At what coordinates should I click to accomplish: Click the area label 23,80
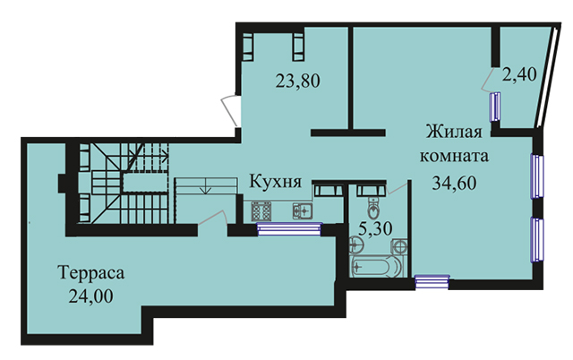pyautogui.click(x=298, y=81)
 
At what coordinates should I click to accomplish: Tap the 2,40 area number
pyautogui.click(x=519, y=74)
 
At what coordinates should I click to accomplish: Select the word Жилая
pyautogui.click(x=454, y=132)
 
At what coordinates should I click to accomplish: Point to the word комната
pyautogui.click(x=454, y=156)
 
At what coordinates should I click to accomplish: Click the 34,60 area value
pyautogui.click(x=454, y=183)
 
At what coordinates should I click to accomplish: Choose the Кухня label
pyautogui.click(x=275, y=181)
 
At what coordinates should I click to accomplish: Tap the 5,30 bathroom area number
pyautogui.click(x=375, y=229)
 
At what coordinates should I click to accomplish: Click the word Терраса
pyautogui.click(x=90, y=272)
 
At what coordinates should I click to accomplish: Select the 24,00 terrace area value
pyautogui.click(x=90, y=296)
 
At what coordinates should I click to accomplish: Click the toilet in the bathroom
pyautogui.click(x=373, y=208)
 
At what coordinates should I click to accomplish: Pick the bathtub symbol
pyautogui.click(x=376, y=267)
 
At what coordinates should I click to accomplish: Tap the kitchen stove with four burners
pyautogui.click(x=261, y=210)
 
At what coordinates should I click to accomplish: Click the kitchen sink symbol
pyautogui.click(x=303, y=210)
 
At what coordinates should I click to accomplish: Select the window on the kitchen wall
pyautogui.click(x=289, y=229)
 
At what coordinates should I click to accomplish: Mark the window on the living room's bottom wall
pyautogui.click(x=432, y=282)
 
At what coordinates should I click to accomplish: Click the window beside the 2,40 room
pyautogui.click(x=495, y=107)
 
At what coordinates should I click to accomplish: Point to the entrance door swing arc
pyautogui.click(x=228, y=109)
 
